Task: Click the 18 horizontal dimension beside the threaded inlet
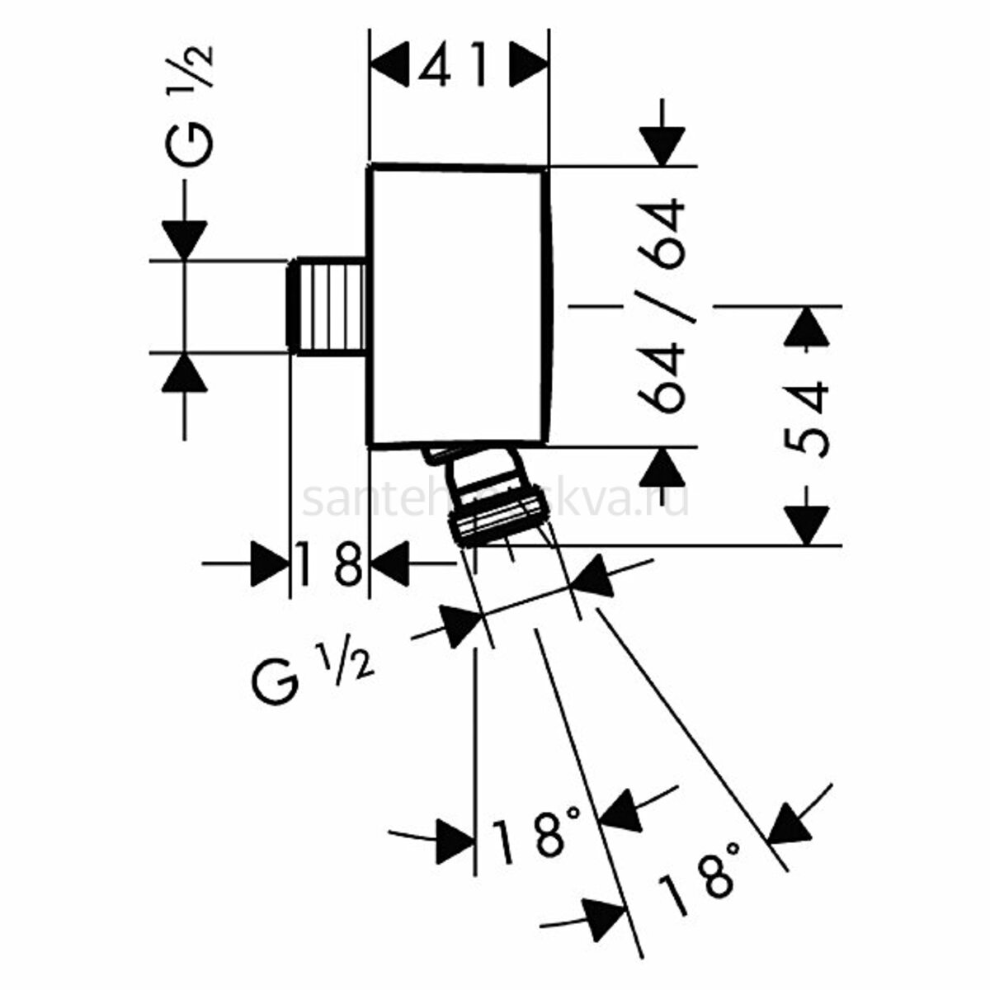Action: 328,563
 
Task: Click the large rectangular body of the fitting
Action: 456,305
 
